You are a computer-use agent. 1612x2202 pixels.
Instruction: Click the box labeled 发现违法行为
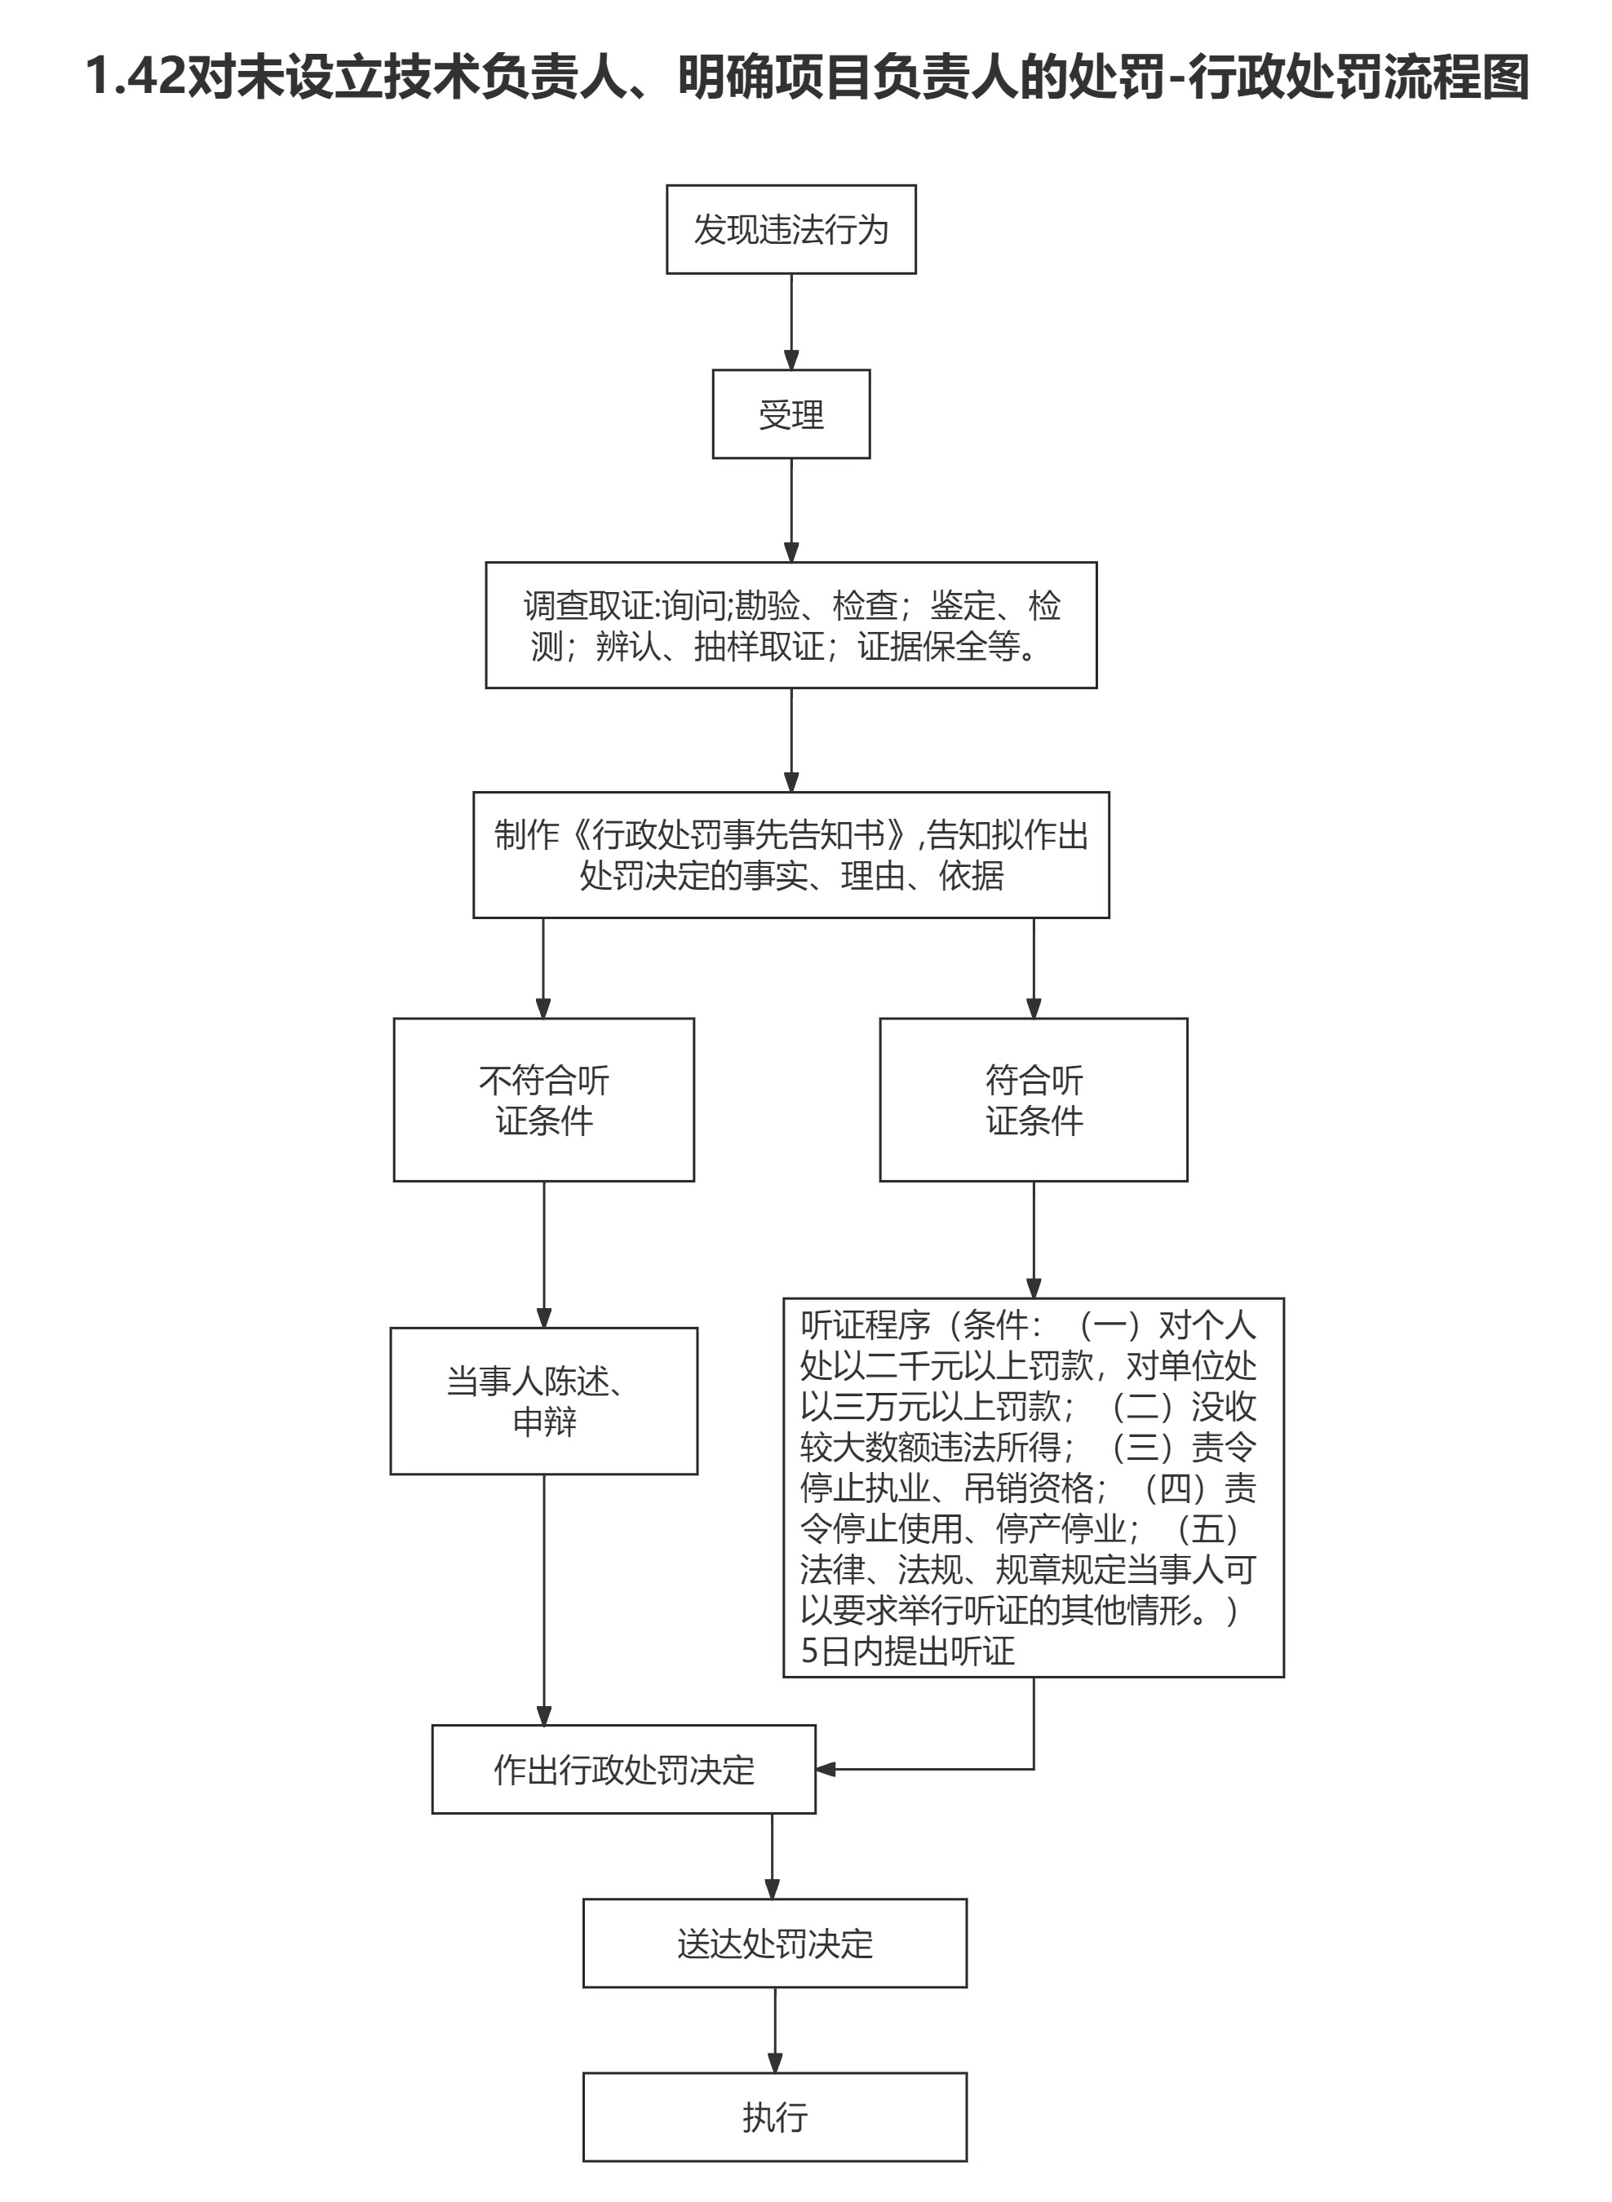pyautogui.click(x=790, y=229)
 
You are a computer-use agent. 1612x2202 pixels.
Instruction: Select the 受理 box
pyautogui.click(x=790, y=413)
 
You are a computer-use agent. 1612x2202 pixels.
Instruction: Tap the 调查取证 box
pyautogui.click(x=790, y=625)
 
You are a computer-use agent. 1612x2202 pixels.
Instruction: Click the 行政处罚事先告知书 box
pyautogui.click(x=790, y=855)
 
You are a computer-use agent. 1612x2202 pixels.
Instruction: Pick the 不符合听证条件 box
pyautogui.click(x=543, y=1099)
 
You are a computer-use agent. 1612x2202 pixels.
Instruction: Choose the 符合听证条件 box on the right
pyautogui.click(x=1034, y=1099)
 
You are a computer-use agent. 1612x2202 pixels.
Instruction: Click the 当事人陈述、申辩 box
pyautogui.click(x=543, y=1401)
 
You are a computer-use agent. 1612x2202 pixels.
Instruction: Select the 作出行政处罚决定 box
pyautogui.click(x=623, y=1770)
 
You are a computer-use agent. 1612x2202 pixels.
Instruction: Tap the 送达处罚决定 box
pyautogui.click(x=775, y=1943)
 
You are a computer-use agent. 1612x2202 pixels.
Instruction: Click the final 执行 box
pyautogui.click(x=775, y=2117)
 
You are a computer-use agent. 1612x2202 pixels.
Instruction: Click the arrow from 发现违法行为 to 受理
pyautogui.click(x=791, y=322)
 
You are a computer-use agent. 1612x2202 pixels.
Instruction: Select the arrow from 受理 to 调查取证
pyautogui.click(x=791, y=509)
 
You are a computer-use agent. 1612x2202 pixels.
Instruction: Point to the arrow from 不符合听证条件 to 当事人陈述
pyautogui.click(x=543, y=1254)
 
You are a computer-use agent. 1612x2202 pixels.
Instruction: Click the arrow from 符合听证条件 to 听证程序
pyautogui.click(x=1034, y=1239)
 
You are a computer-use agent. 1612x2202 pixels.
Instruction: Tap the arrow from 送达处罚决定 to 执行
pyautogui.click(x=775, y=2030)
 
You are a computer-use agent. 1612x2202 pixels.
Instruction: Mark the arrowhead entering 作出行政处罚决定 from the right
pyautogui.click(x=826, y=1769)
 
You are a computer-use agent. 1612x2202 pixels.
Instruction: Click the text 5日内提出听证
pyautogui.click(x=907, y=1651)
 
